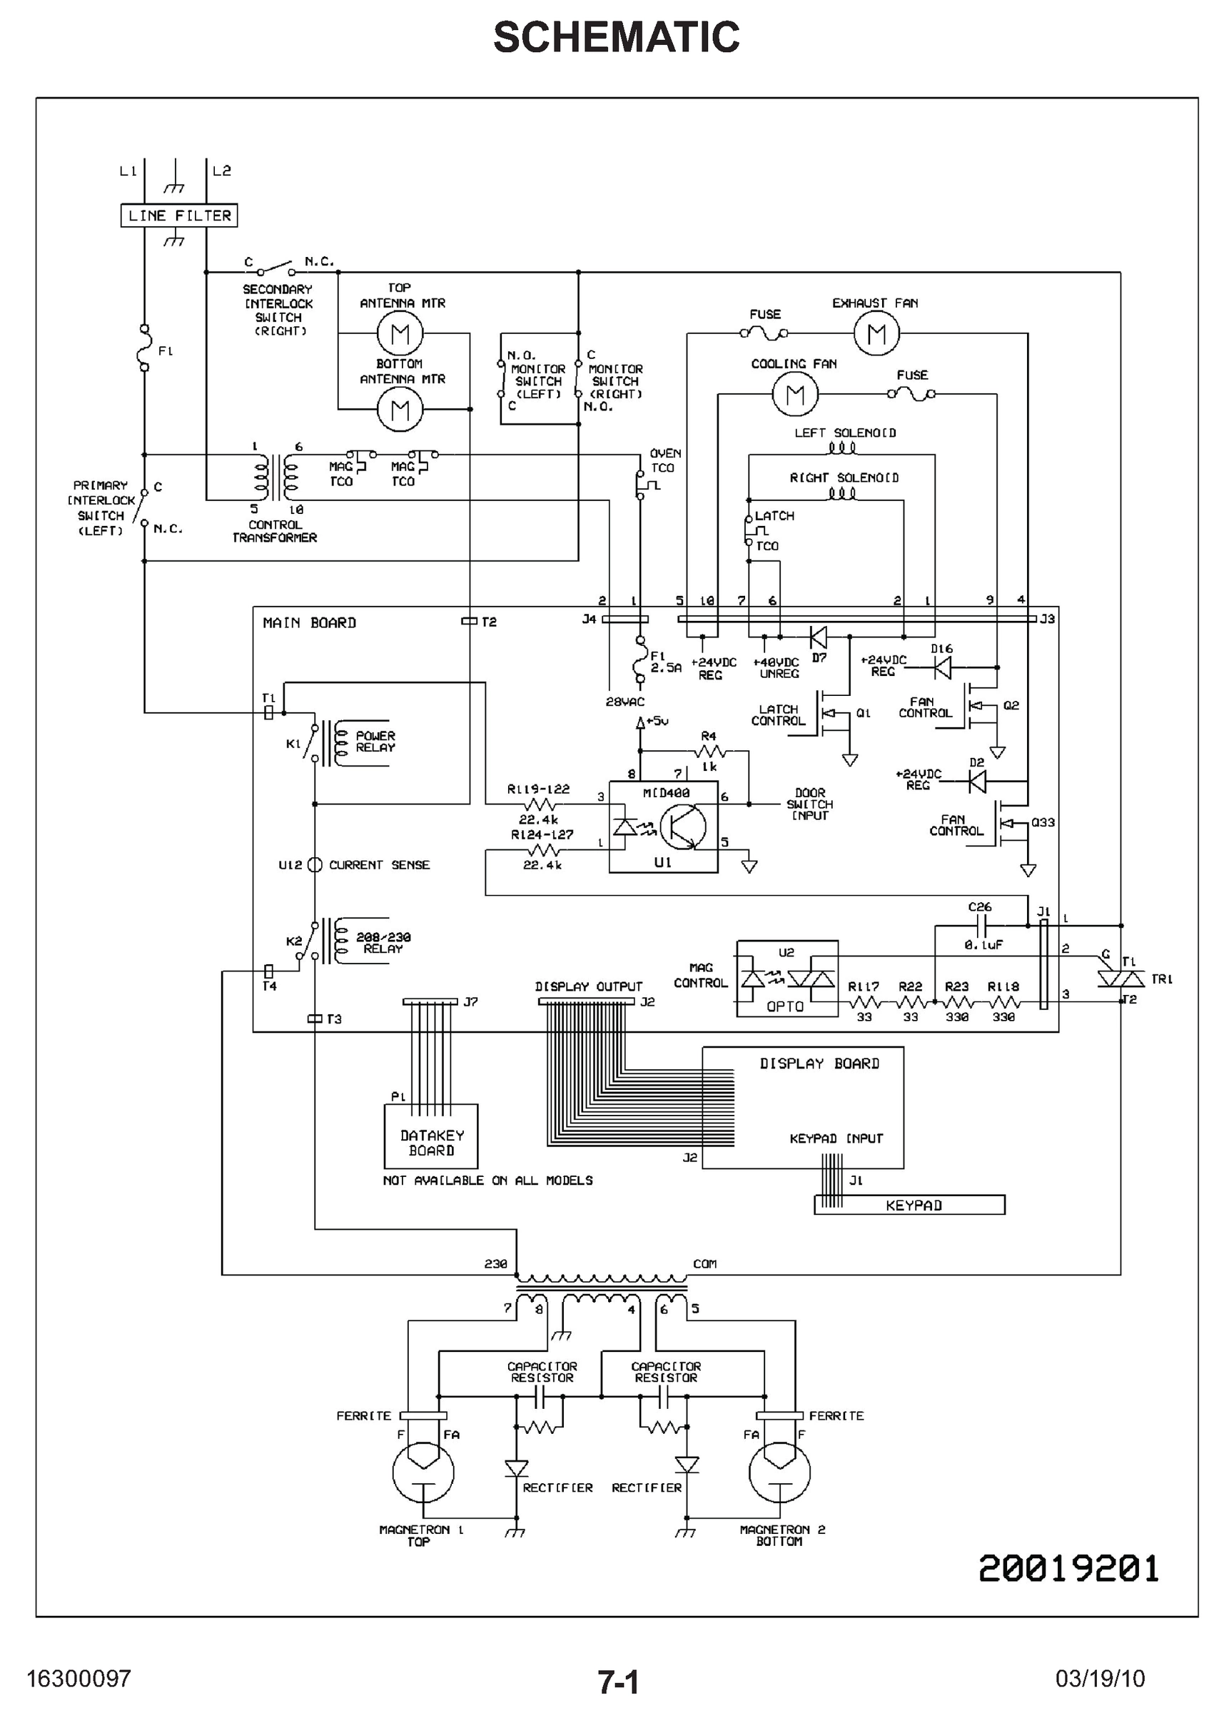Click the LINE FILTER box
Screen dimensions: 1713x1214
[x=179, y=216]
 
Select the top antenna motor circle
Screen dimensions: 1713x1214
[x=400, y=333]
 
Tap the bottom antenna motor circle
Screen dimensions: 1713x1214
[x=400, y=410]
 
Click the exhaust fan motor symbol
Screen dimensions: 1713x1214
[x=876, y=333]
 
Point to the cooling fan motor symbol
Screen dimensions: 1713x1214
[x=794, y=394]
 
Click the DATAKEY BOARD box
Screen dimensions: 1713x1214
[x=431, y=1136]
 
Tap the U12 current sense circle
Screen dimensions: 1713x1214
[x=315, y=865]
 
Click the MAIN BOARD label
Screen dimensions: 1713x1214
[x=310, y=622]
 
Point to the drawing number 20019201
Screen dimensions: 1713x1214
[x=1068, y=1568]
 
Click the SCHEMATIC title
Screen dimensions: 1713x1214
[x=616, y=37]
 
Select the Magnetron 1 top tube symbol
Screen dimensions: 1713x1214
[x=423, y=1472]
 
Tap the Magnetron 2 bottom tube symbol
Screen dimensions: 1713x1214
[x=779, y=1472]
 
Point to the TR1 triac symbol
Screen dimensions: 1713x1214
[x=1121, y=979]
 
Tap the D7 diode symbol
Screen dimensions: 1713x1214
[x=819, y=637]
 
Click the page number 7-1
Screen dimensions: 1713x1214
[x=618, y=1682]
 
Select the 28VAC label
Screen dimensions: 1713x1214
[x=625, y=702]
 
